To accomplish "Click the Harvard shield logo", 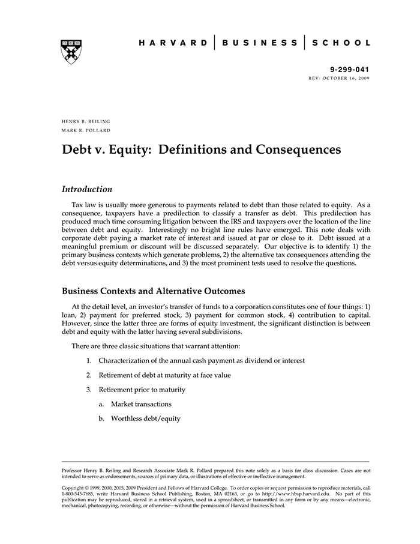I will pyautogui.click(x=71, y=51).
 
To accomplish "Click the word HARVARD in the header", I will pyautogui.click(x=173, y=43).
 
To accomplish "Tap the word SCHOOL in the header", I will pyautogui.click(x=341, y=43).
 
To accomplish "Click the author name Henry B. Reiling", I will pyautogui.click(x=86, y=121).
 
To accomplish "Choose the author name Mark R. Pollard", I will pyautogui.click(x=86, y=130).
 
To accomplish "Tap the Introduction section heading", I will pyautogui.click(x=87, y=189).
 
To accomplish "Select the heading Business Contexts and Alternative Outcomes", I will pyautogui.click(x=154, y=291).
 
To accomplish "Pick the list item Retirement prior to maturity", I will pyautogui.click(x=142, y=390).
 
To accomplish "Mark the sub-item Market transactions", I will pyautogui.click(x=141, y=404).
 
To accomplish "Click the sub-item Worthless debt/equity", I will pyautogui.click(x=145, y=419).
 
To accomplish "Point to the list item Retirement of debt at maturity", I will pyautogui.click(x=164, y=375).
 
